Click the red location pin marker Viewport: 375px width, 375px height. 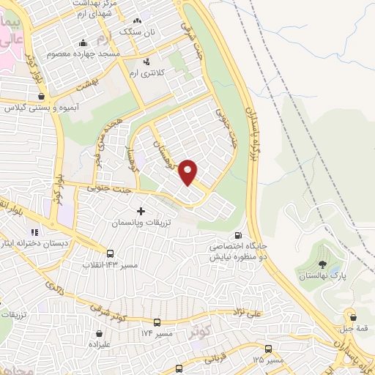pyautogui.click(x=188, y=172)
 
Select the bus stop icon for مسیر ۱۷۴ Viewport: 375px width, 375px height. pyautogui.click(x=157, y=322)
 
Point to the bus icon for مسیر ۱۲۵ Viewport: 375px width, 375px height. pyautogui.click(x=269, y=349)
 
